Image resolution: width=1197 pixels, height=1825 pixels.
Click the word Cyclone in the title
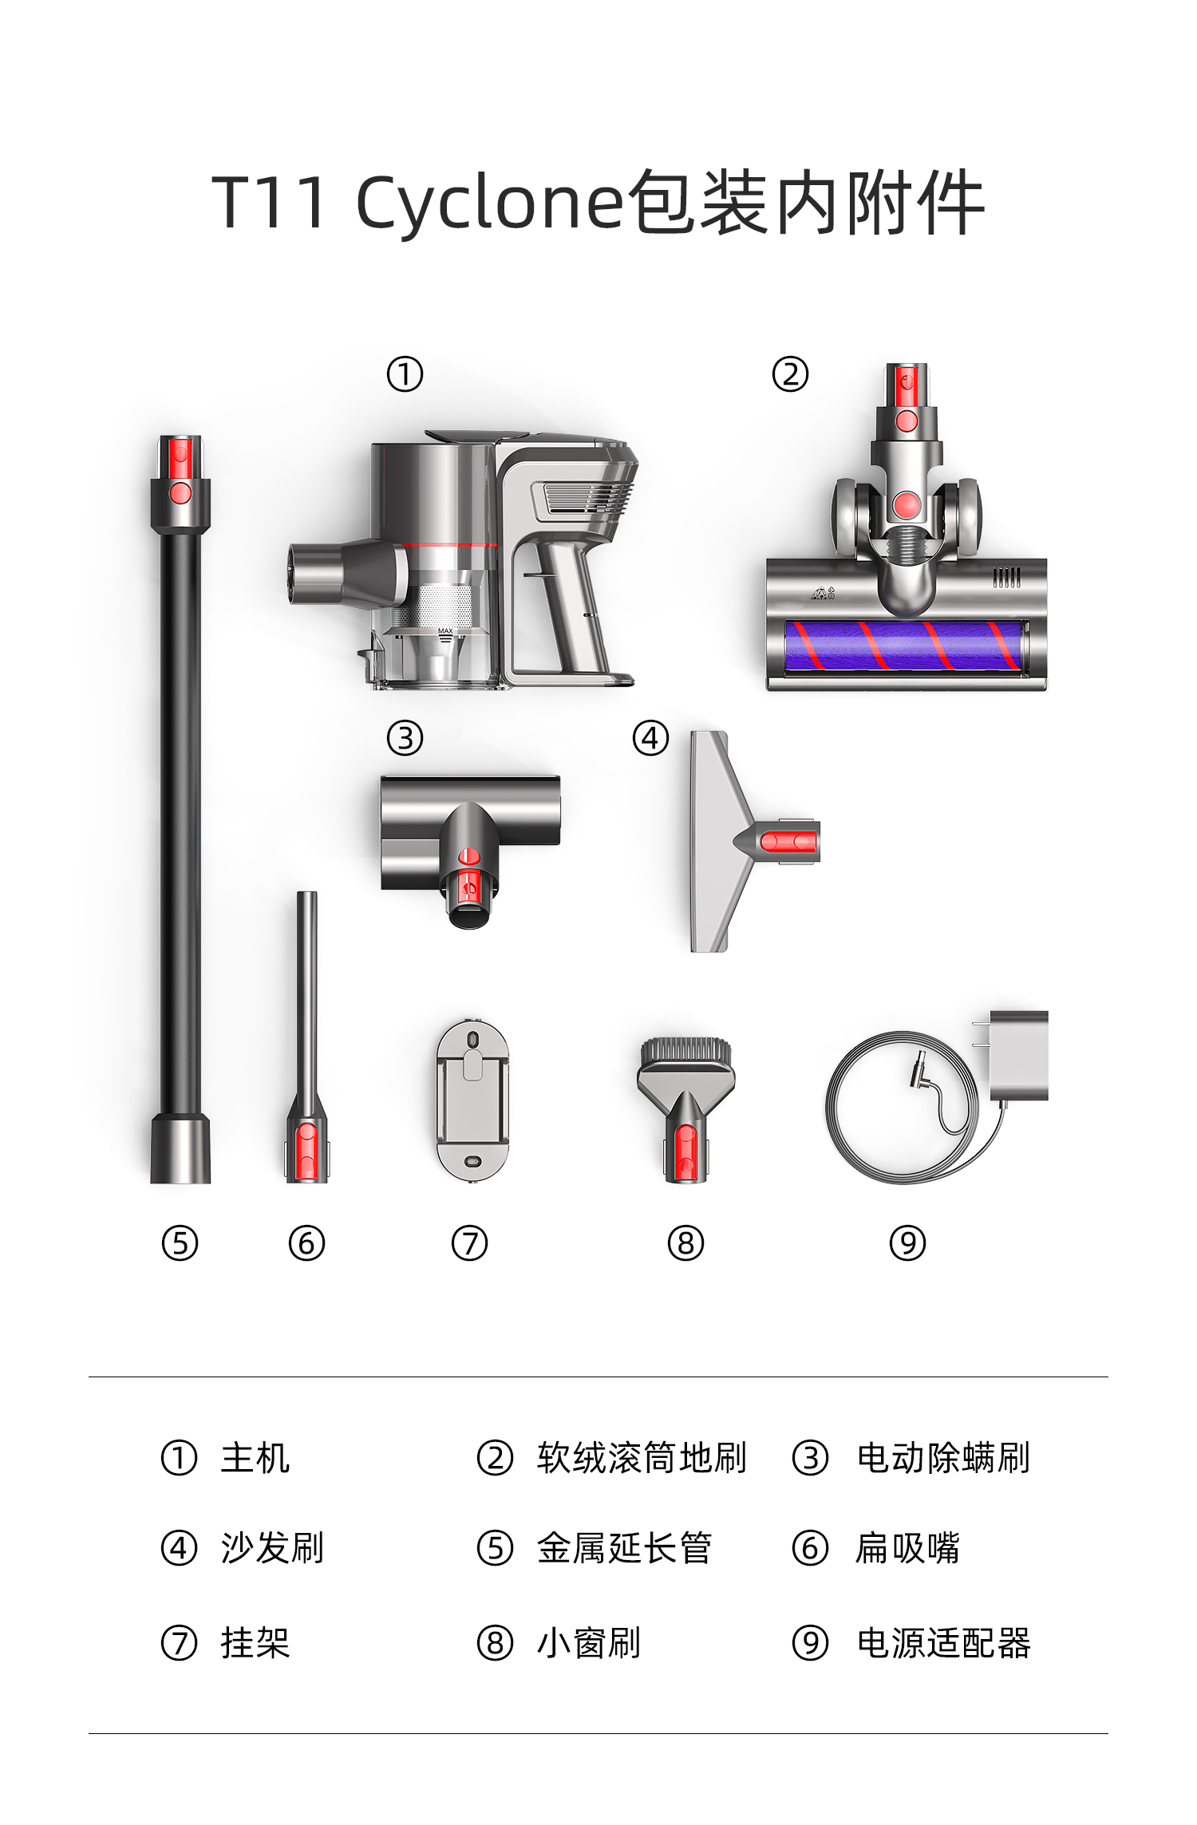click(x=488, y=203)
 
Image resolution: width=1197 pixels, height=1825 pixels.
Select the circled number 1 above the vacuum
click(x=405, y=374)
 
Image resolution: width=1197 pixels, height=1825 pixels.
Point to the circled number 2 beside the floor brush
click(x=790, y=374)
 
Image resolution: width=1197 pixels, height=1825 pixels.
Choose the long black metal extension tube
click(x=180, y=808)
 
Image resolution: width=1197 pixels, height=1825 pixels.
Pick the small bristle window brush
click(x=685, y=1109)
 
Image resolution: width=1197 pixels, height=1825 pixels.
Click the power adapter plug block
click(x=1018, y=1056)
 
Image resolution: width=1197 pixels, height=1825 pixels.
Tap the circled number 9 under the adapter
click(x=907, y=1243)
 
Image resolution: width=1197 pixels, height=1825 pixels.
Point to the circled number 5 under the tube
click(x=180, y=1243)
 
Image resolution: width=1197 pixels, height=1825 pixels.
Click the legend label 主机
click(x=255, y=1458)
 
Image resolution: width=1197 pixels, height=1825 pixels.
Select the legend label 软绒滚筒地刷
click(x=642, y=1458)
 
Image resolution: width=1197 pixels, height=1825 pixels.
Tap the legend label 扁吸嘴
click(x=907, y=1549)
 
